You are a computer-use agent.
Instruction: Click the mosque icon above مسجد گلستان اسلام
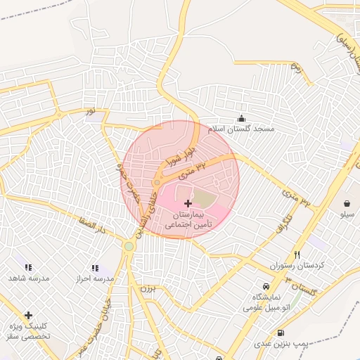click(x=242, y=118)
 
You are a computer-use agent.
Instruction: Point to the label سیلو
click(x=347, y=213)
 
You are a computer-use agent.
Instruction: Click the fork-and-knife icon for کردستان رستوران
click(x=297, y=255)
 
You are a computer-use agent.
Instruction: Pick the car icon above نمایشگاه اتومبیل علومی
click(x=265, y=286)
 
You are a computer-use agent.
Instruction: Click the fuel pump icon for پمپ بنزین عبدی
click(x=281, y=333)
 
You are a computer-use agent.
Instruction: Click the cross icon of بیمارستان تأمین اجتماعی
click(x=188, y=202)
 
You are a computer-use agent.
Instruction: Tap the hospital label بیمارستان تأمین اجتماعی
click(x=188, y=219)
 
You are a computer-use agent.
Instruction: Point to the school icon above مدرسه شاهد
click(x=28, y=267)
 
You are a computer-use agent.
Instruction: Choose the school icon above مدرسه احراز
click(x=95, y=268)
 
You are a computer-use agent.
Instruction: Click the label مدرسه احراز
click(x=95, y=278)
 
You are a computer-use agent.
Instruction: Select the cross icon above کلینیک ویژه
click(x=28, y=315)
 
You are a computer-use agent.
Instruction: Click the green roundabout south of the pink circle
click(x=129, y=246)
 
